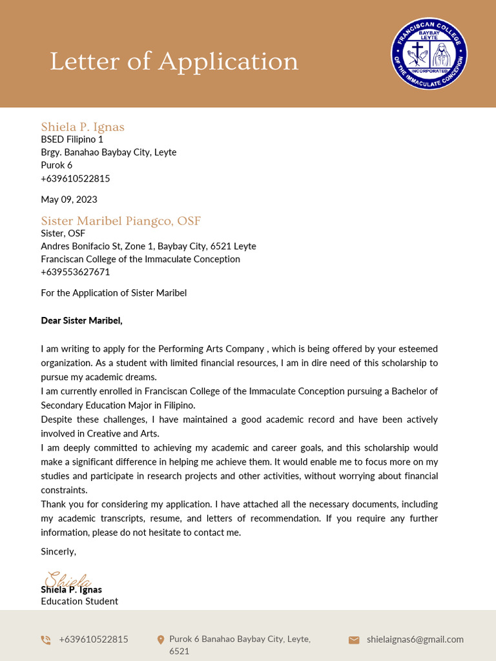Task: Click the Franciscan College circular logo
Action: [x=429, y=54]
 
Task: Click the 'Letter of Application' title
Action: [x=174, y=62]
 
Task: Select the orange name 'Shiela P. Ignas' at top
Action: [x=83, y=127]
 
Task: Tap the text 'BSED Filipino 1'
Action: [x=72, y=139]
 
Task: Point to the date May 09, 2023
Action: [x=69, y=199]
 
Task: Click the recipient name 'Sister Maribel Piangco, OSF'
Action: [x=121, y=221]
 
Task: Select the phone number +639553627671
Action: [x=76, y=272]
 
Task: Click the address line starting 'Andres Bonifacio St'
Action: [x=149, y=246]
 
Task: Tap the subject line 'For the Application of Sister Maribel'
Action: [x=114, y=293]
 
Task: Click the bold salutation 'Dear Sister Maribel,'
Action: [x=81, y=320]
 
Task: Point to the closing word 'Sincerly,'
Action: [x=59, y=551]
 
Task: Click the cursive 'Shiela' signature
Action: [x=68, y=579]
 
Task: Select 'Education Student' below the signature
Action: [x=79, y=601]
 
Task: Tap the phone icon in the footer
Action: [x=46, y=640]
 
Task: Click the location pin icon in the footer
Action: [x=161, y=640]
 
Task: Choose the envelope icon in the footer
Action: [x=354, y=640]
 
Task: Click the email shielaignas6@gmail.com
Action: [x=415, y=639]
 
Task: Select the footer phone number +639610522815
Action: [x=94, y=639]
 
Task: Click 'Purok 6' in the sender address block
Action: [x=57, y=165]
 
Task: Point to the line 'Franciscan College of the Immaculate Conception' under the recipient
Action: [x=140, y=259]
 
